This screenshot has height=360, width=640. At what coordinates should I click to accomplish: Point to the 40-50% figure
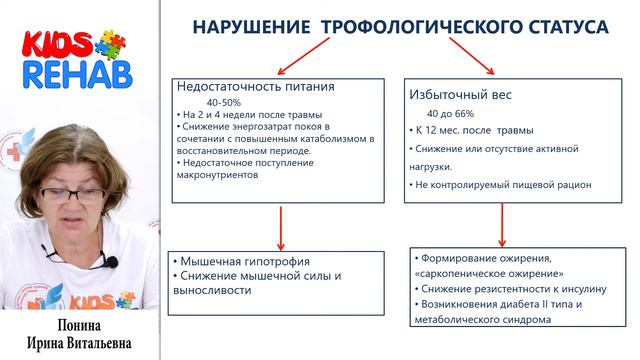(224, 102)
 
